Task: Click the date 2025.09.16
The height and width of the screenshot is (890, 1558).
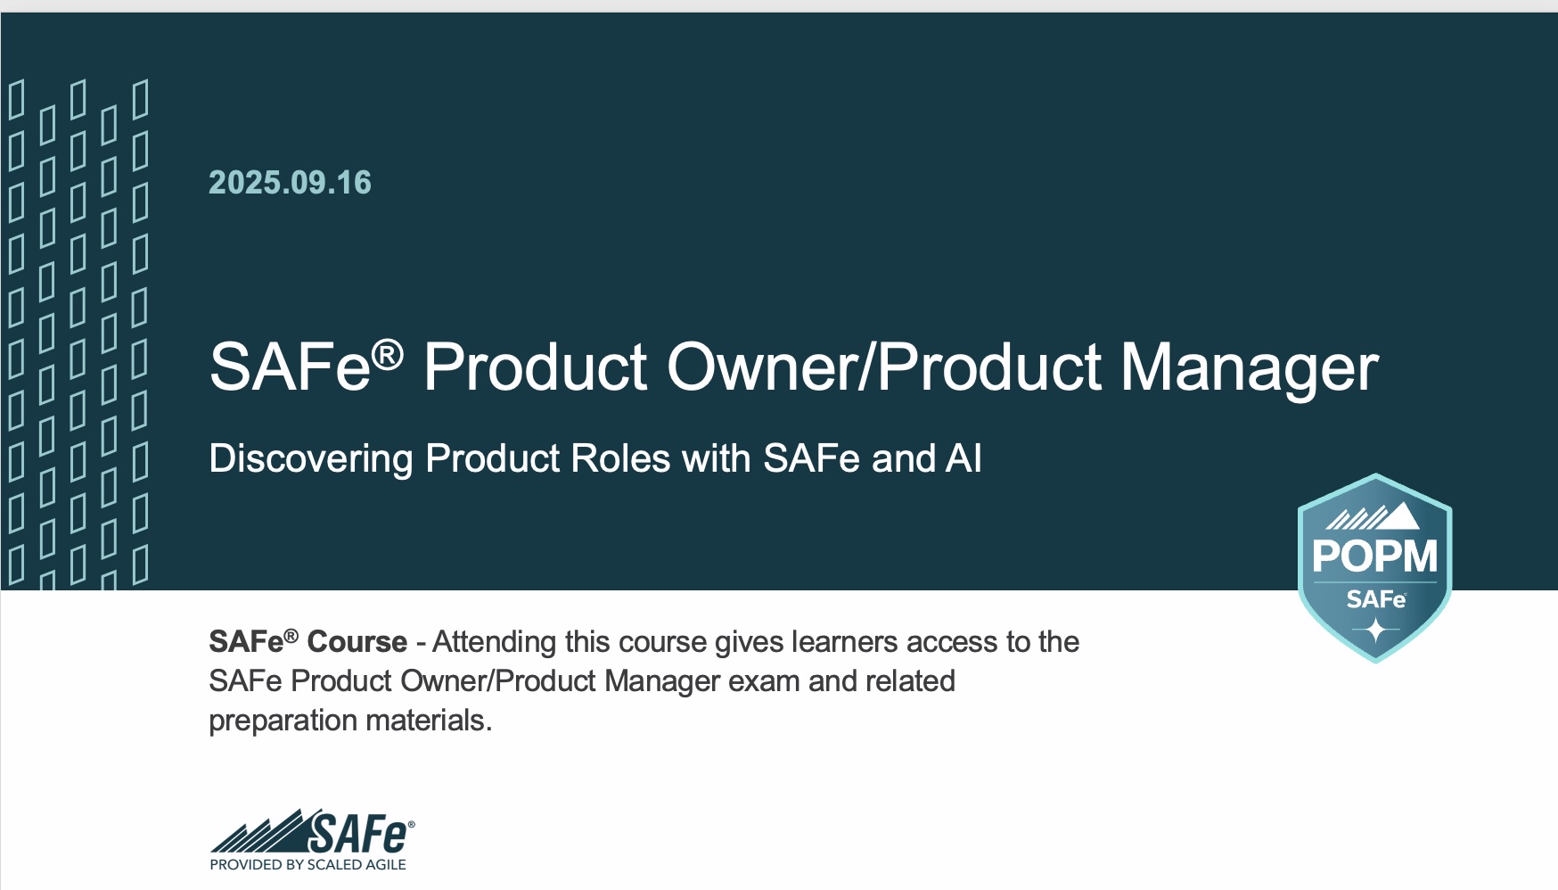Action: [x=290, y=183]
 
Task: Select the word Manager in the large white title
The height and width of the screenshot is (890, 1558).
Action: [x=1249, y=367]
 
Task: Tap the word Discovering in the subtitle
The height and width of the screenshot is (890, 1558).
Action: [x=311, y=459]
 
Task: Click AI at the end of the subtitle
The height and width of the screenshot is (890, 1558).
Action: [x=963, y=458]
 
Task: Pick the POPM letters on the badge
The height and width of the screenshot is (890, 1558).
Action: [x=1374, y=556]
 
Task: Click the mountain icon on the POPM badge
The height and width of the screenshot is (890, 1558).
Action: [x=1373, y=516]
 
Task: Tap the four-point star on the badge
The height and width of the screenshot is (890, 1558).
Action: [x=1375, y=630]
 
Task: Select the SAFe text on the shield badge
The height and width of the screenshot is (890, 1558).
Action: [x=1375, y=598]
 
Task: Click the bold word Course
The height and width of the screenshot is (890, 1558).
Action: [x=357, y=642]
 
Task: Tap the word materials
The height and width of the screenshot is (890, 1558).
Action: [x=429, y=721]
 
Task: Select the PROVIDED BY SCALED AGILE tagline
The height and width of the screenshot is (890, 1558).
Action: [x=307, y=864]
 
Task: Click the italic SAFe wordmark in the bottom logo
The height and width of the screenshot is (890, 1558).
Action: [x=358, y=834]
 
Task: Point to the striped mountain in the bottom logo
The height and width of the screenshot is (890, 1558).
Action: [x=258, y=835]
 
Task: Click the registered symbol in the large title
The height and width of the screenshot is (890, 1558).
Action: [x=387, y=356]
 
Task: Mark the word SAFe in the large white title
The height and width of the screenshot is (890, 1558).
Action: [x=290, y=367]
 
